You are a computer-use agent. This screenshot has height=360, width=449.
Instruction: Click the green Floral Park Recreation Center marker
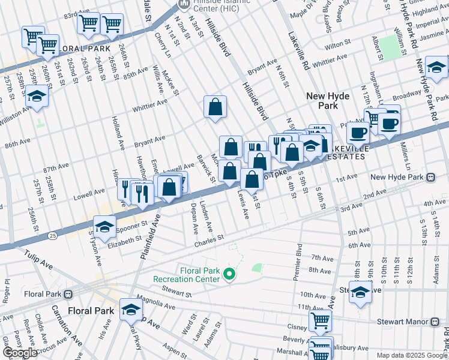[229, 275]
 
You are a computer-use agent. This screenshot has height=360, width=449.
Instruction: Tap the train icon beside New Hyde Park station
[430, 178]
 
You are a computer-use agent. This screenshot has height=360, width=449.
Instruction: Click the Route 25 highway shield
[54, 235]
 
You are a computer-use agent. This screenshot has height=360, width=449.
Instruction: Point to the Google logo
[20, 353]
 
